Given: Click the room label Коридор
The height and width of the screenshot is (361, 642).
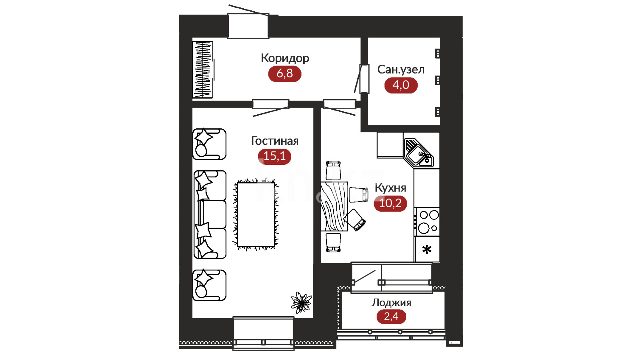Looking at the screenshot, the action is point(285,58).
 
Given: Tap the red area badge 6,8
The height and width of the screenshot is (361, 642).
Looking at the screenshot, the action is point(285,74).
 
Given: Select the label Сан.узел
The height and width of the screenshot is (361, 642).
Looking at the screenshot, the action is point(401,70).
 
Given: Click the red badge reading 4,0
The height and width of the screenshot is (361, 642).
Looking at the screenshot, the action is point(401,85).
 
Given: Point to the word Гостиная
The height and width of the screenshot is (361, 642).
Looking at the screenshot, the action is point(275,141).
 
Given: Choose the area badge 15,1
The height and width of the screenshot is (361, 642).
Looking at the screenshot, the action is point(275,156).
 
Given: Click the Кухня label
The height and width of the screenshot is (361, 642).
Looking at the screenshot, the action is point(390,188).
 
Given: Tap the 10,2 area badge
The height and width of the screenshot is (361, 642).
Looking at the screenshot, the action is point(390,203).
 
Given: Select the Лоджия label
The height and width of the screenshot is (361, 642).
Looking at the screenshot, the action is point(391,303).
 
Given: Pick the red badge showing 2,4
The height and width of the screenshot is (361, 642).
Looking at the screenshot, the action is point(391,317).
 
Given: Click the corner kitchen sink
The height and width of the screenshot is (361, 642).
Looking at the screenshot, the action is point(419,153).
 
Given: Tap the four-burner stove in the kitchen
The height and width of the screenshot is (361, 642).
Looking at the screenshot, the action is point(427,222).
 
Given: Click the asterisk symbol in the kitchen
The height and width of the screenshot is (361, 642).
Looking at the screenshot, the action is point(427,249).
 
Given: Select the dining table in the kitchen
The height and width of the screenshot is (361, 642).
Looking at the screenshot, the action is point(334,207).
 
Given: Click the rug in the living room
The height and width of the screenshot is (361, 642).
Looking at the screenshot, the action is point(256,215).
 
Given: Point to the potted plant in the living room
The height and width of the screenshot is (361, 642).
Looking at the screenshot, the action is point(301,303).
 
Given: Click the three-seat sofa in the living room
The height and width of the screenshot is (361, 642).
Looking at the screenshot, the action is point(210,215).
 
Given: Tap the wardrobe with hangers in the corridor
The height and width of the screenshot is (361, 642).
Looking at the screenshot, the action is point(203,70).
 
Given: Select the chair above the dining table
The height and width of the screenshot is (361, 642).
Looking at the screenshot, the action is point(333,170).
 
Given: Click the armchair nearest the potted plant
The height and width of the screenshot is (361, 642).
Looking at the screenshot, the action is point(210,285).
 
